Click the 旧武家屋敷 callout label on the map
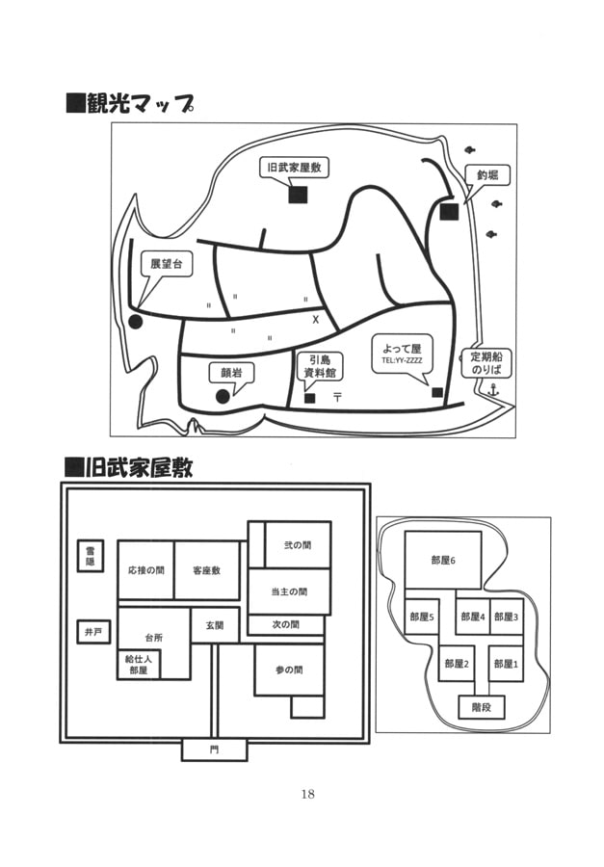(x=297, y=167)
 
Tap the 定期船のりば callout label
(x=487, y=362)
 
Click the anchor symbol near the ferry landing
(x=493, y=390)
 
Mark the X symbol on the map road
(x=315, y=317)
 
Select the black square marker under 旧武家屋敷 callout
(x=298, y=195)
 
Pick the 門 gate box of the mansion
(x=214, y=749)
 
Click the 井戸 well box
(x=92, y=633)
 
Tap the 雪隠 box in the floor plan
(x=91, y=556)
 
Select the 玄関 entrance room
(x=214, y=624)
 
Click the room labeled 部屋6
(x=443, y=560)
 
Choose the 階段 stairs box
(x=482, y=707)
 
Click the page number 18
(x=308, y=794)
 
